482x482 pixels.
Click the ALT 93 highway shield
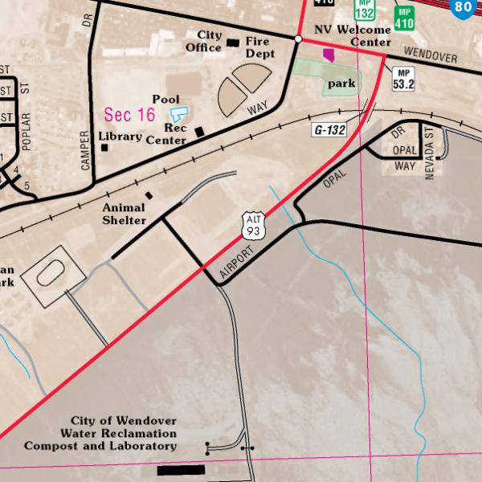coord(255,226)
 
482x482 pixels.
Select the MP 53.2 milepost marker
coord(402,79)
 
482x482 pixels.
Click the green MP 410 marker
coord(403,18)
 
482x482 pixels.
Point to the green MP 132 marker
coord(365,10)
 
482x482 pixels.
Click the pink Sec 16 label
coord(129,115)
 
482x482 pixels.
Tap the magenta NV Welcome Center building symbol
coord(328,55)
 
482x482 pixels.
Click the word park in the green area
coord(341,83)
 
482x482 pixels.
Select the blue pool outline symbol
coord(180,114)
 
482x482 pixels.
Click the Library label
coord(120,137)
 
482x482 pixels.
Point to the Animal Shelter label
coord(124,214)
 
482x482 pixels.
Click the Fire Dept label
coord(260,47)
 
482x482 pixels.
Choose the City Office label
coord(203,42)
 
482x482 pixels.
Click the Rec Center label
coord(166,133)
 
